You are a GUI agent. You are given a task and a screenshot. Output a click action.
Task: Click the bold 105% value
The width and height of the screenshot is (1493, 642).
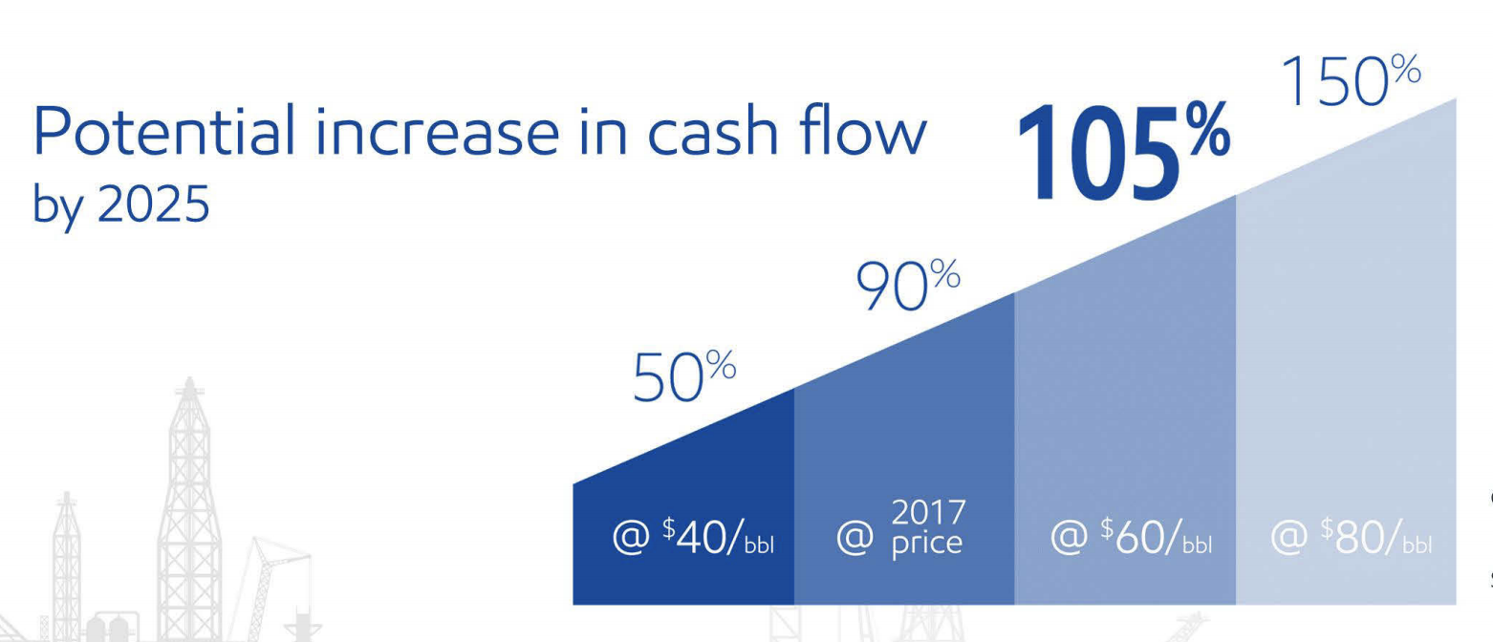[1123, 151]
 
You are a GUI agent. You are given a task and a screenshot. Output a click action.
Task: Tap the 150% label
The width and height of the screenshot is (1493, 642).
[1351, 80]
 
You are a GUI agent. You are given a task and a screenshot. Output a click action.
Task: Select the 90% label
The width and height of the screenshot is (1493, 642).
[908, 286]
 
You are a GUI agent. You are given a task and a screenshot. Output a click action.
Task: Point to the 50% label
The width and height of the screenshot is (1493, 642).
[684, 376]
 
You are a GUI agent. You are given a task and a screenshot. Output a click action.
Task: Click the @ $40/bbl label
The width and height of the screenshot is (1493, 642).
[693, 537]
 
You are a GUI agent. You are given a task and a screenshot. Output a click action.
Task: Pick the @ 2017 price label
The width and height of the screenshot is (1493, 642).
[900, 528]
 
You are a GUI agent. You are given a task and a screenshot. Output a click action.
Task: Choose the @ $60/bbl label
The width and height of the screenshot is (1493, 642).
[1131, 537]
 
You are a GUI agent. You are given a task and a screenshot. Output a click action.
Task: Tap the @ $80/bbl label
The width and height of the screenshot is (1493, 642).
[1351, 537]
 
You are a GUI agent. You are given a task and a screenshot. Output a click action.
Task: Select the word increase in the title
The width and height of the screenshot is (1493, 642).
[437, 132]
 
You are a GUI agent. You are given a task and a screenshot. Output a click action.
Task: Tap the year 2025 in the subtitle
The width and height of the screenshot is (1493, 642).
[153, 203]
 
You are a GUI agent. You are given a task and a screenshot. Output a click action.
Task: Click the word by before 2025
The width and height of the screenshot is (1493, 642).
[58, 206]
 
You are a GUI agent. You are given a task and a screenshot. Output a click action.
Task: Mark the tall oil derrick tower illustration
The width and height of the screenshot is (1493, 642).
[188, 509]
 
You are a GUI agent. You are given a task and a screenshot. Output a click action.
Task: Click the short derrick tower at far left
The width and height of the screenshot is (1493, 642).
[67, 567]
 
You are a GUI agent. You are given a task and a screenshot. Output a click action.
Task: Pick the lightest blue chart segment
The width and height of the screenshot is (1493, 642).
[1347, 373]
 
